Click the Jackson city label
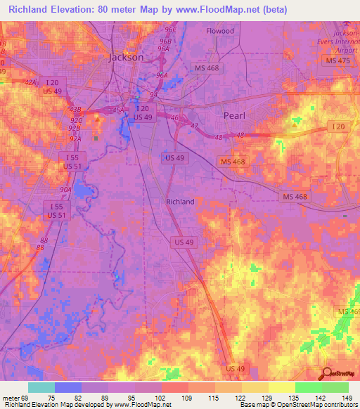coord(126,57)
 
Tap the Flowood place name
coord(219,31)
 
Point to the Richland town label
coord(180,202)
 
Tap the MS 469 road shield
coord(348,311)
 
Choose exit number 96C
coord(169,32)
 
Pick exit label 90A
coord(65,190)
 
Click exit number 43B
coord(76,110)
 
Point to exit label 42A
coord(30,82)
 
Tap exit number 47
coord(195,124)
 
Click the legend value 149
coord(346,398)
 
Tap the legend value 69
coord(28,398)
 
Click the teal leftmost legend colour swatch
coord(41,387)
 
